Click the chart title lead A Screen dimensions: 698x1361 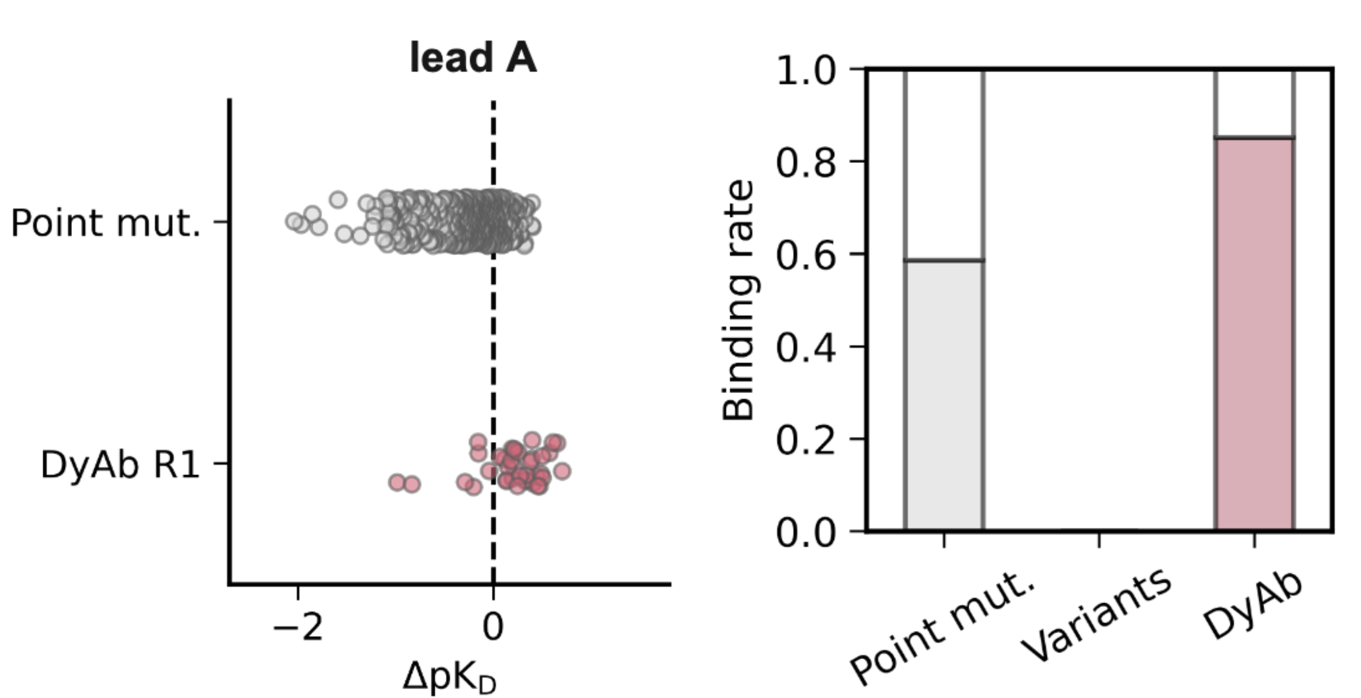click(x=473, y=58)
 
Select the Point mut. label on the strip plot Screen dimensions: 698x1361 click(x=106, y=223)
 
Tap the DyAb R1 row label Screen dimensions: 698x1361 click(x=120, y=464)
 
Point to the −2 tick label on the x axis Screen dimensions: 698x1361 click(x=298, y=628)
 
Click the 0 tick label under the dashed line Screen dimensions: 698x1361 click(x=493, y=628)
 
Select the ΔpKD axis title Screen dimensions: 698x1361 click(x=449, y=676)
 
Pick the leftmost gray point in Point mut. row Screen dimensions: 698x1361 click(x=293, y=221)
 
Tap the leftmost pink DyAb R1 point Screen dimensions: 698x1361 click(x=397, y=482)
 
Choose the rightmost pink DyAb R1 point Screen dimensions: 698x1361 click(x=562, y=471)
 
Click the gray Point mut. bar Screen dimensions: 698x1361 click(x=944, y=395)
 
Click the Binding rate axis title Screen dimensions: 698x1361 click(x=739, y=299)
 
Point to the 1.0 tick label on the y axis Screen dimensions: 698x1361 click(x=805, y=70)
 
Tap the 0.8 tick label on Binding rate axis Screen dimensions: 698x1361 click(x=805, y=162)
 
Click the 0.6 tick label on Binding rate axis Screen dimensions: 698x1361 click(x=805, y=254)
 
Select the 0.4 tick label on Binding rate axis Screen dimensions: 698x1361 click(x=805, y=346)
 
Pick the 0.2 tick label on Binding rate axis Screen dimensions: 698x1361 click(x=805, y=439)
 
